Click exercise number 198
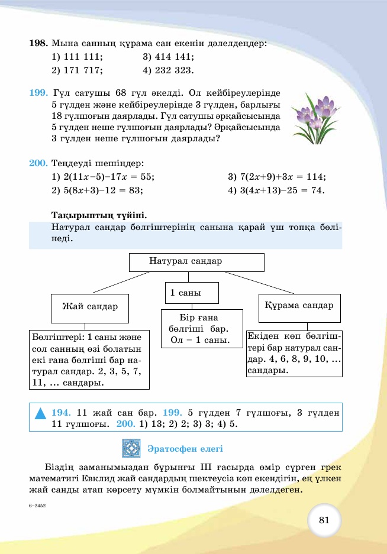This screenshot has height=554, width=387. click(38, 43)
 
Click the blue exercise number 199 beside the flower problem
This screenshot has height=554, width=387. click(38, 93)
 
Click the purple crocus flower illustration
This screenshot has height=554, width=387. click(315, 116)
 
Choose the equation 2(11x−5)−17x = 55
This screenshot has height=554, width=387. click(108, 177)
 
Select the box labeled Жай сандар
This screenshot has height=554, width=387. click(90, 307)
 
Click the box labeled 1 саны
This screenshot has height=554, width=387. click(192, 293)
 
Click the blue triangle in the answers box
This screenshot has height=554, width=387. click(40, 413)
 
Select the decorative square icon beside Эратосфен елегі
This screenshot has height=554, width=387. click(131, 448)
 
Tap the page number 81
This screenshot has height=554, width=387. click(324, 520)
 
